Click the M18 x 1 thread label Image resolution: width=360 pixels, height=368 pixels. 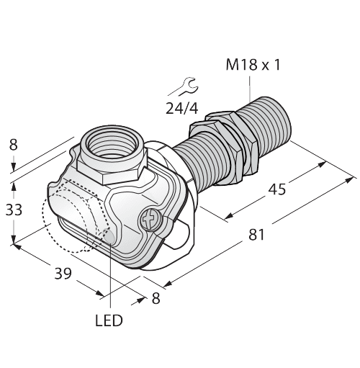253,66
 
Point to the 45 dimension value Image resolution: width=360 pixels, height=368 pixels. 276,189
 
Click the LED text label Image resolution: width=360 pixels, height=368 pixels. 109,320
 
